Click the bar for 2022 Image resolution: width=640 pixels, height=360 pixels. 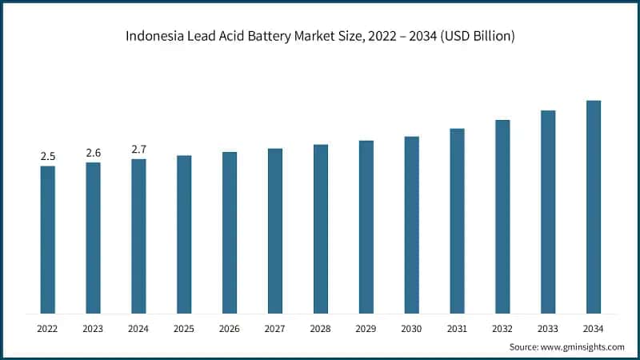tap(48, 240)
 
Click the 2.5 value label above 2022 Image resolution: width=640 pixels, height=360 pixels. tap(48, 156)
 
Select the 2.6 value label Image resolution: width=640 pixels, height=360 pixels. tap(94, 153)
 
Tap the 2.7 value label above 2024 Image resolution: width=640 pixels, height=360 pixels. tap(138, 150)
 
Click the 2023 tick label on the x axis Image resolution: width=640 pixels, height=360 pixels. tap(94, 328)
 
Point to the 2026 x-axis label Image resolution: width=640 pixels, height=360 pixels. tap(230, 328)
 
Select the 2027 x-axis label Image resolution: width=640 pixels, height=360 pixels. tap(275, 328)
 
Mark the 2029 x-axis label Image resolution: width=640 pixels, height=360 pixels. tap(366, 328)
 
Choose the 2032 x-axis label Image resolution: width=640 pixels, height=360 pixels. tap(502, 328)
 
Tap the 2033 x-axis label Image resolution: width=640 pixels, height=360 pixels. tap(547, 328)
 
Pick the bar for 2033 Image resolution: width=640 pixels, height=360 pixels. tap(547, 212)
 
